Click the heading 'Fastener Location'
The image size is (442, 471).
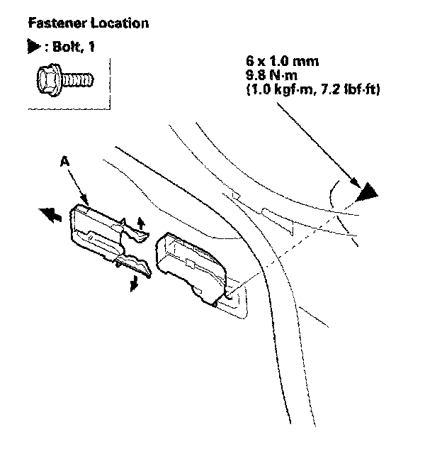[x=88, y=23]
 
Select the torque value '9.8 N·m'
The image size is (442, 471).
[x=271, y=75]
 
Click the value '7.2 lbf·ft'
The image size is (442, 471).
[x=346, y=89]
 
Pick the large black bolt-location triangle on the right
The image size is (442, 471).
[x=368, y=193]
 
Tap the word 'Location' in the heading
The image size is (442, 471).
[x=120, y=23]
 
